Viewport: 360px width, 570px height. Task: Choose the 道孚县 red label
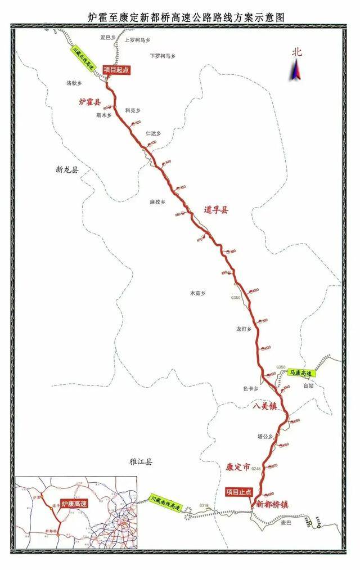[217, 210]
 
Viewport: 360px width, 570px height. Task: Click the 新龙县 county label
[67, 169]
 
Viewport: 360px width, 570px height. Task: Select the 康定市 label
[237, 466]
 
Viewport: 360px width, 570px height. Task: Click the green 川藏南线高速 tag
[165, 503]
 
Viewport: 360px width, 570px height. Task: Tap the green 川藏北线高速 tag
[84, 57]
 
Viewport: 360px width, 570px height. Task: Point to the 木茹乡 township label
[198, 293]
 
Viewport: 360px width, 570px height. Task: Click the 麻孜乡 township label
[157, 201]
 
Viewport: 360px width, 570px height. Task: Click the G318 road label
[204, 506]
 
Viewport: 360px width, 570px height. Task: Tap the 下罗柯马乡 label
[163, 56]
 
